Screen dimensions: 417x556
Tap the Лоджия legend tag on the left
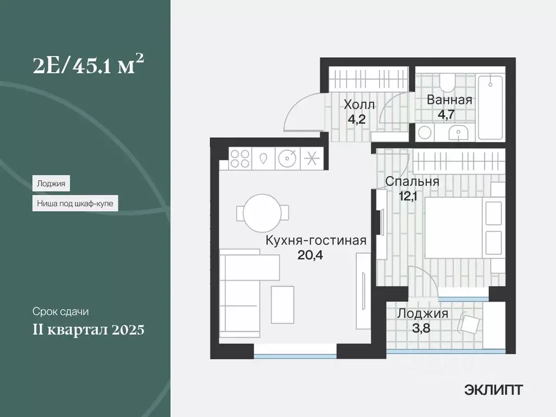click(x=51, y=184)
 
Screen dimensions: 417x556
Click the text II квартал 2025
click(x=88, y=330)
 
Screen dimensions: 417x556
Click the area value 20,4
click(x=311, y=255)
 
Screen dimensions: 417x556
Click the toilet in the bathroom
click(x=448, y=82)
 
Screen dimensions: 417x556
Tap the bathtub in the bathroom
click(x=490, y=107)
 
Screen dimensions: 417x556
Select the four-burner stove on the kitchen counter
click(x=240, y=159)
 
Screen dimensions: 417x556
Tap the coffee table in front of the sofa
click(x=282, y=304)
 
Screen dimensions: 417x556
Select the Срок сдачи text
click(x=60, y=312)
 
